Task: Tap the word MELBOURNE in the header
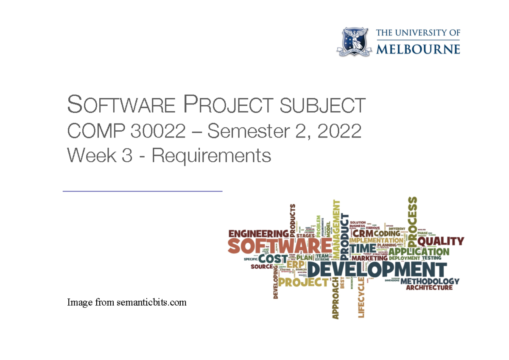418,48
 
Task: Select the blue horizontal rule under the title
143,191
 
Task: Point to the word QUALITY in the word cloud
440,241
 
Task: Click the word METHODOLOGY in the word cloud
429,281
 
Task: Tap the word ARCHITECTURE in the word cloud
429,288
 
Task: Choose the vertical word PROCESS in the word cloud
411,217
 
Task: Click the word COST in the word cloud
273,259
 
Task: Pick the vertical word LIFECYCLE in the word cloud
361,297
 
